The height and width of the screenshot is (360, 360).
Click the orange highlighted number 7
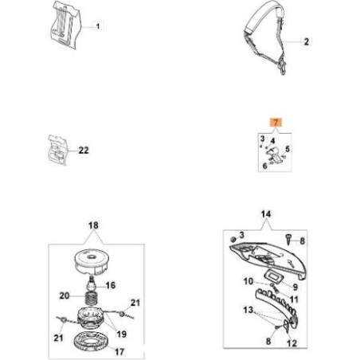tap(276, 123)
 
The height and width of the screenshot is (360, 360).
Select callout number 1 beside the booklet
tap(98, 26)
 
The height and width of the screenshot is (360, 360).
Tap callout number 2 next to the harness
tap(307, 41)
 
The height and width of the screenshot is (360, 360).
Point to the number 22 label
tap(84, 151)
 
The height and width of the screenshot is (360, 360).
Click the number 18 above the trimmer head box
tap(93, 225)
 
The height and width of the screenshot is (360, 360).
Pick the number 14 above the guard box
tap(266, 213)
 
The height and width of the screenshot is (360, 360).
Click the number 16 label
tap(111, 285)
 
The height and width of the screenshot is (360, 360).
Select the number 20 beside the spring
tap(65, 295)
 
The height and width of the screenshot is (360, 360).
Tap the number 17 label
tap(119, 352)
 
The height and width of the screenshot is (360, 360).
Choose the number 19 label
tap(121, 335)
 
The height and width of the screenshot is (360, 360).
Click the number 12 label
tap(292, 343)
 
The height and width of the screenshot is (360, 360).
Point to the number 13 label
tap(248, 310)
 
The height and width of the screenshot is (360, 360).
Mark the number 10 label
tap(248, 281)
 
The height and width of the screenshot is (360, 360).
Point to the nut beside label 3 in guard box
tap(233, 239)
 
